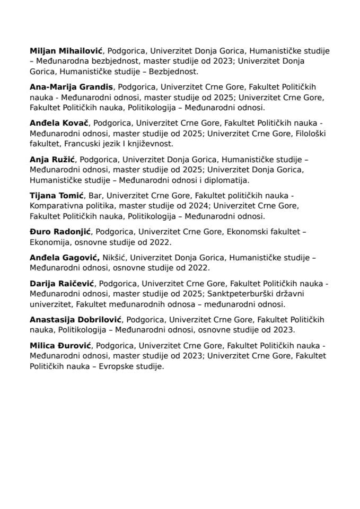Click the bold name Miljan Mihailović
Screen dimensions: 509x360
(68, 51)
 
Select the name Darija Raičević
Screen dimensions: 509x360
(62, 283)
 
